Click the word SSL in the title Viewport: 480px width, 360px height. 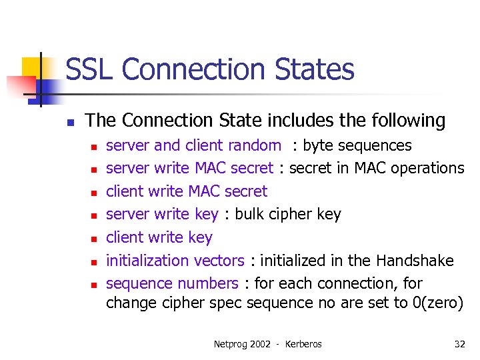pos(89,69)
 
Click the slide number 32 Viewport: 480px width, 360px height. pos(459,344)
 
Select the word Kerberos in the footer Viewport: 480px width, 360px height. pos(303,344)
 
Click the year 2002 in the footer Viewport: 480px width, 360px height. pos(262,344)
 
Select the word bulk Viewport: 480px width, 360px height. pos(251,214)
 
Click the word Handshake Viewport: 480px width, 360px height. pos(415,260)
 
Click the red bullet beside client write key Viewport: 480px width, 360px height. pos(95,239)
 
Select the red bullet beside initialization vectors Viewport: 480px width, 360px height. pos(95,261)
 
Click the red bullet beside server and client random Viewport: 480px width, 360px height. pos(95,147)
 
